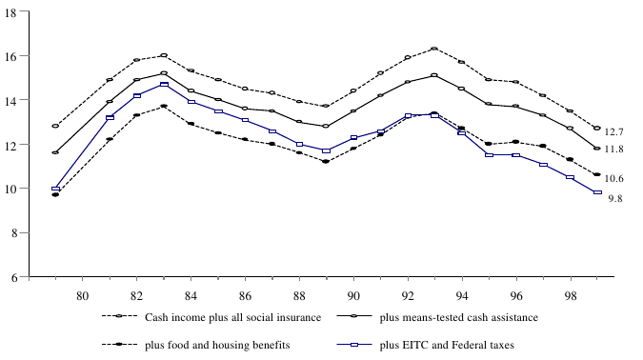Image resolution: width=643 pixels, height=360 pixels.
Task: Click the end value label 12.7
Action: click(614, 132)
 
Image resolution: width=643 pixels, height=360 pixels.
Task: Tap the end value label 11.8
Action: click(614, 150)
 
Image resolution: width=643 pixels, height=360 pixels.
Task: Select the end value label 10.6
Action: click(614, 179)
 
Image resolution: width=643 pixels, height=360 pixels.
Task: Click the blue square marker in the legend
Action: click(352, 344)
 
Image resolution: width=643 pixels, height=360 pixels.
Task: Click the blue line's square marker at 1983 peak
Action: click(164, 85)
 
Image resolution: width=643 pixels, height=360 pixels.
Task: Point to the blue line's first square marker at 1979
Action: click(55, 189)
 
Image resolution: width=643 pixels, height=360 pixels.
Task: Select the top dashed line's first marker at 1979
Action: click(55, 126)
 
